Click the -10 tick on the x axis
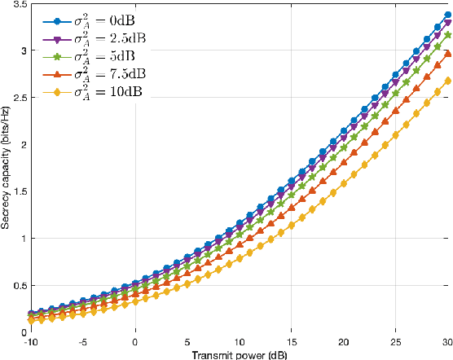point(30,341)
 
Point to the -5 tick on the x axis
point(82,341)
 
